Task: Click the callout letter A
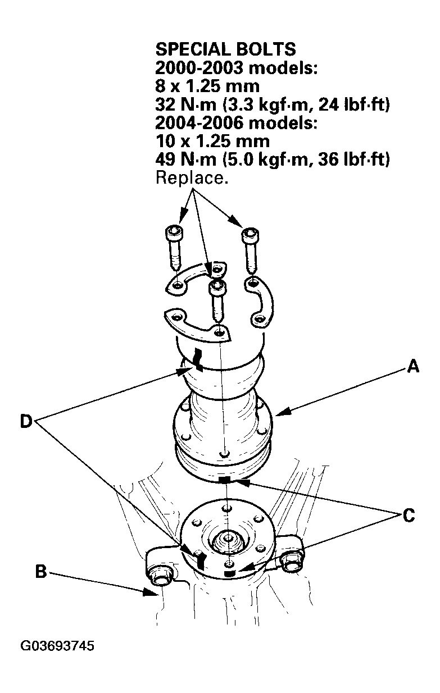(412, 366)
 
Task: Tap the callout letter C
(409, 516)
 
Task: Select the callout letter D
(26, 421)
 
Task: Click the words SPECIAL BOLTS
(225, 49)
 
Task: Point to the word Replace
(192, 178)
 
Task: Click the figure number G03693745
(57, 646)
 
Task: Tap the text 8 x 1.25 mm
(207, 86)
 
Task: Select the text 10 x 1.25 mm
(212, 141)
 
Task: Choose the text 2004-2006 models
(236, 123)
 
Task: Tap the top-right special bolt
(250, 250)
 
